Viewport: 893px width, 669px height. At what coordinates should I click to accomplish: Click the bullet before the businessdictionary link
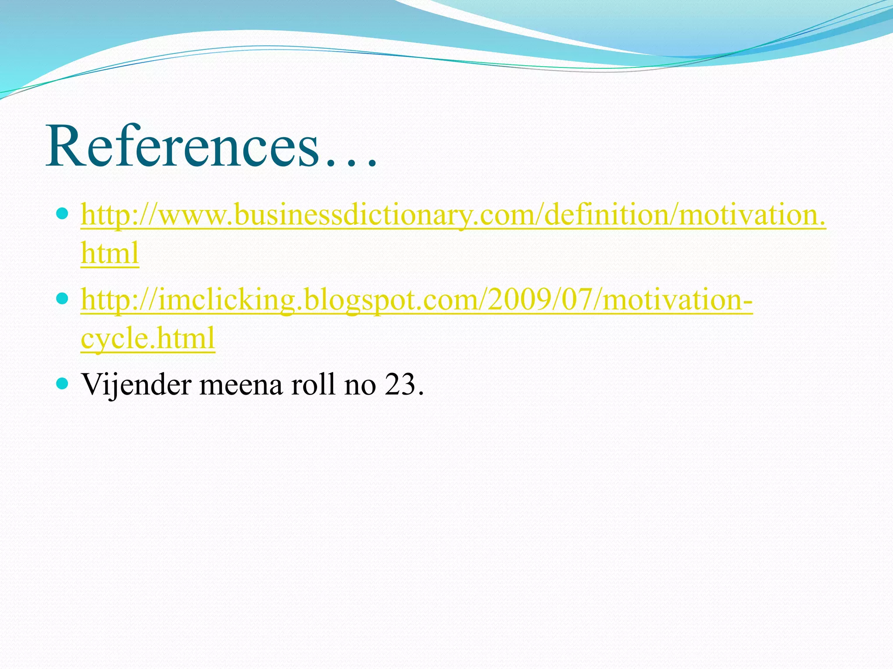(63, 213)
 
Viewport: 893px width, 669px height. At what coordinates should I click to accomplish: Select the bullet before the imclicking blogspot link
(63, 298)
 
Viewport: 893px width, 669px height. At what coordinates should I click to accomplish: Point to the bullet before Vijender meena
(63, 383)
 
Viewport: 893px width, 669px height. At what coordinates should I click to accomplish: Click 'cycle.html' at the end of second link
(148, 338)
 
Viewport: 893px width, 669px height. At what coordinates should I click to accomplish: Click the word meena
(241, 385)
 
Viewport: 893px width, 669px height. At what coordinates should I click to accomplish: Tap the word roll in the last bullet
(313, 385)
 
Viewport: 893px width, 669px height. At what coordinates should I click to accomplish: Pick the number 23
(399, 385)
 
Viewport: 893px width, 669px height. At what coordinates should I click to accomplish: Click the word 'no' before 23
(360, 385)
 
